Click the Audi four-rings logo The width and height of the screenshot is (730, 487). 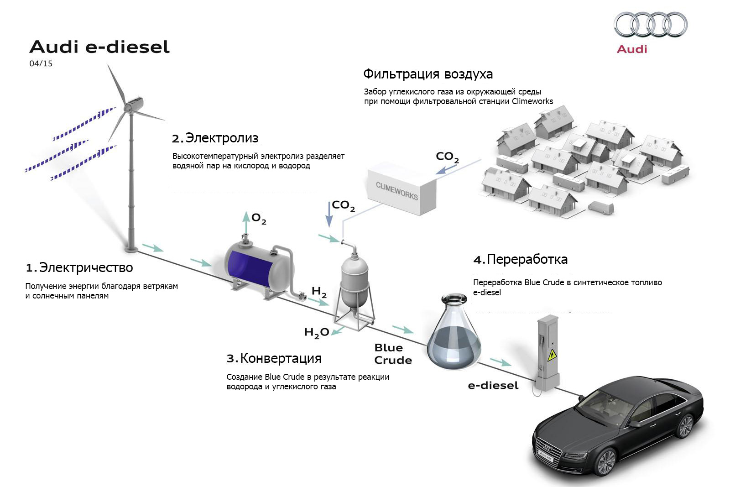tap(650, 24)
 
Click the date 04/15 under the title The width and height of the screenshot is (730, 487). tap(41, 64)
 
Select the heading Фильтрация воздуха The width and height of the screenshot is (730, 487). tap(428, 74)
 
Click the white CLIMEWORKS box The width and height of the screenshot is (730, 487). tap(401, 189)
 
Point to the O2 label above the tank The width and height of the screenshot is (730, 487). tap(259, 219)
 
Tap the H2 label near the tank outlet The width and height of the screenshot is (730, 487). tap(319, 292)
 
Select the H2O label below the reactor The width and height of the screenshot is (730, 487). tap(316, 333)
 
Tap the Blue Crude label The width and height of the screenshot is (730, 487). tap(392, 354)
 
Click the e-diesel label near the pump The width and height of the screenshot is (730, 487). tap(493, 386)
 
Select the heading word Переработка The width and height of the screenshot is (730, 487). tap(527, 259)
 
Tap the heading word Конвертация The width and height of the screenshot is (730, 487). tap(281, 358)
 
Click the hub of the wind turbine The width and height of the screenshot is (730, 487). tap(130, 108)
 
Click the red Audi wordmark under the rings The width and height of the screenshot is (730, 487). tap(632, 49)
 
